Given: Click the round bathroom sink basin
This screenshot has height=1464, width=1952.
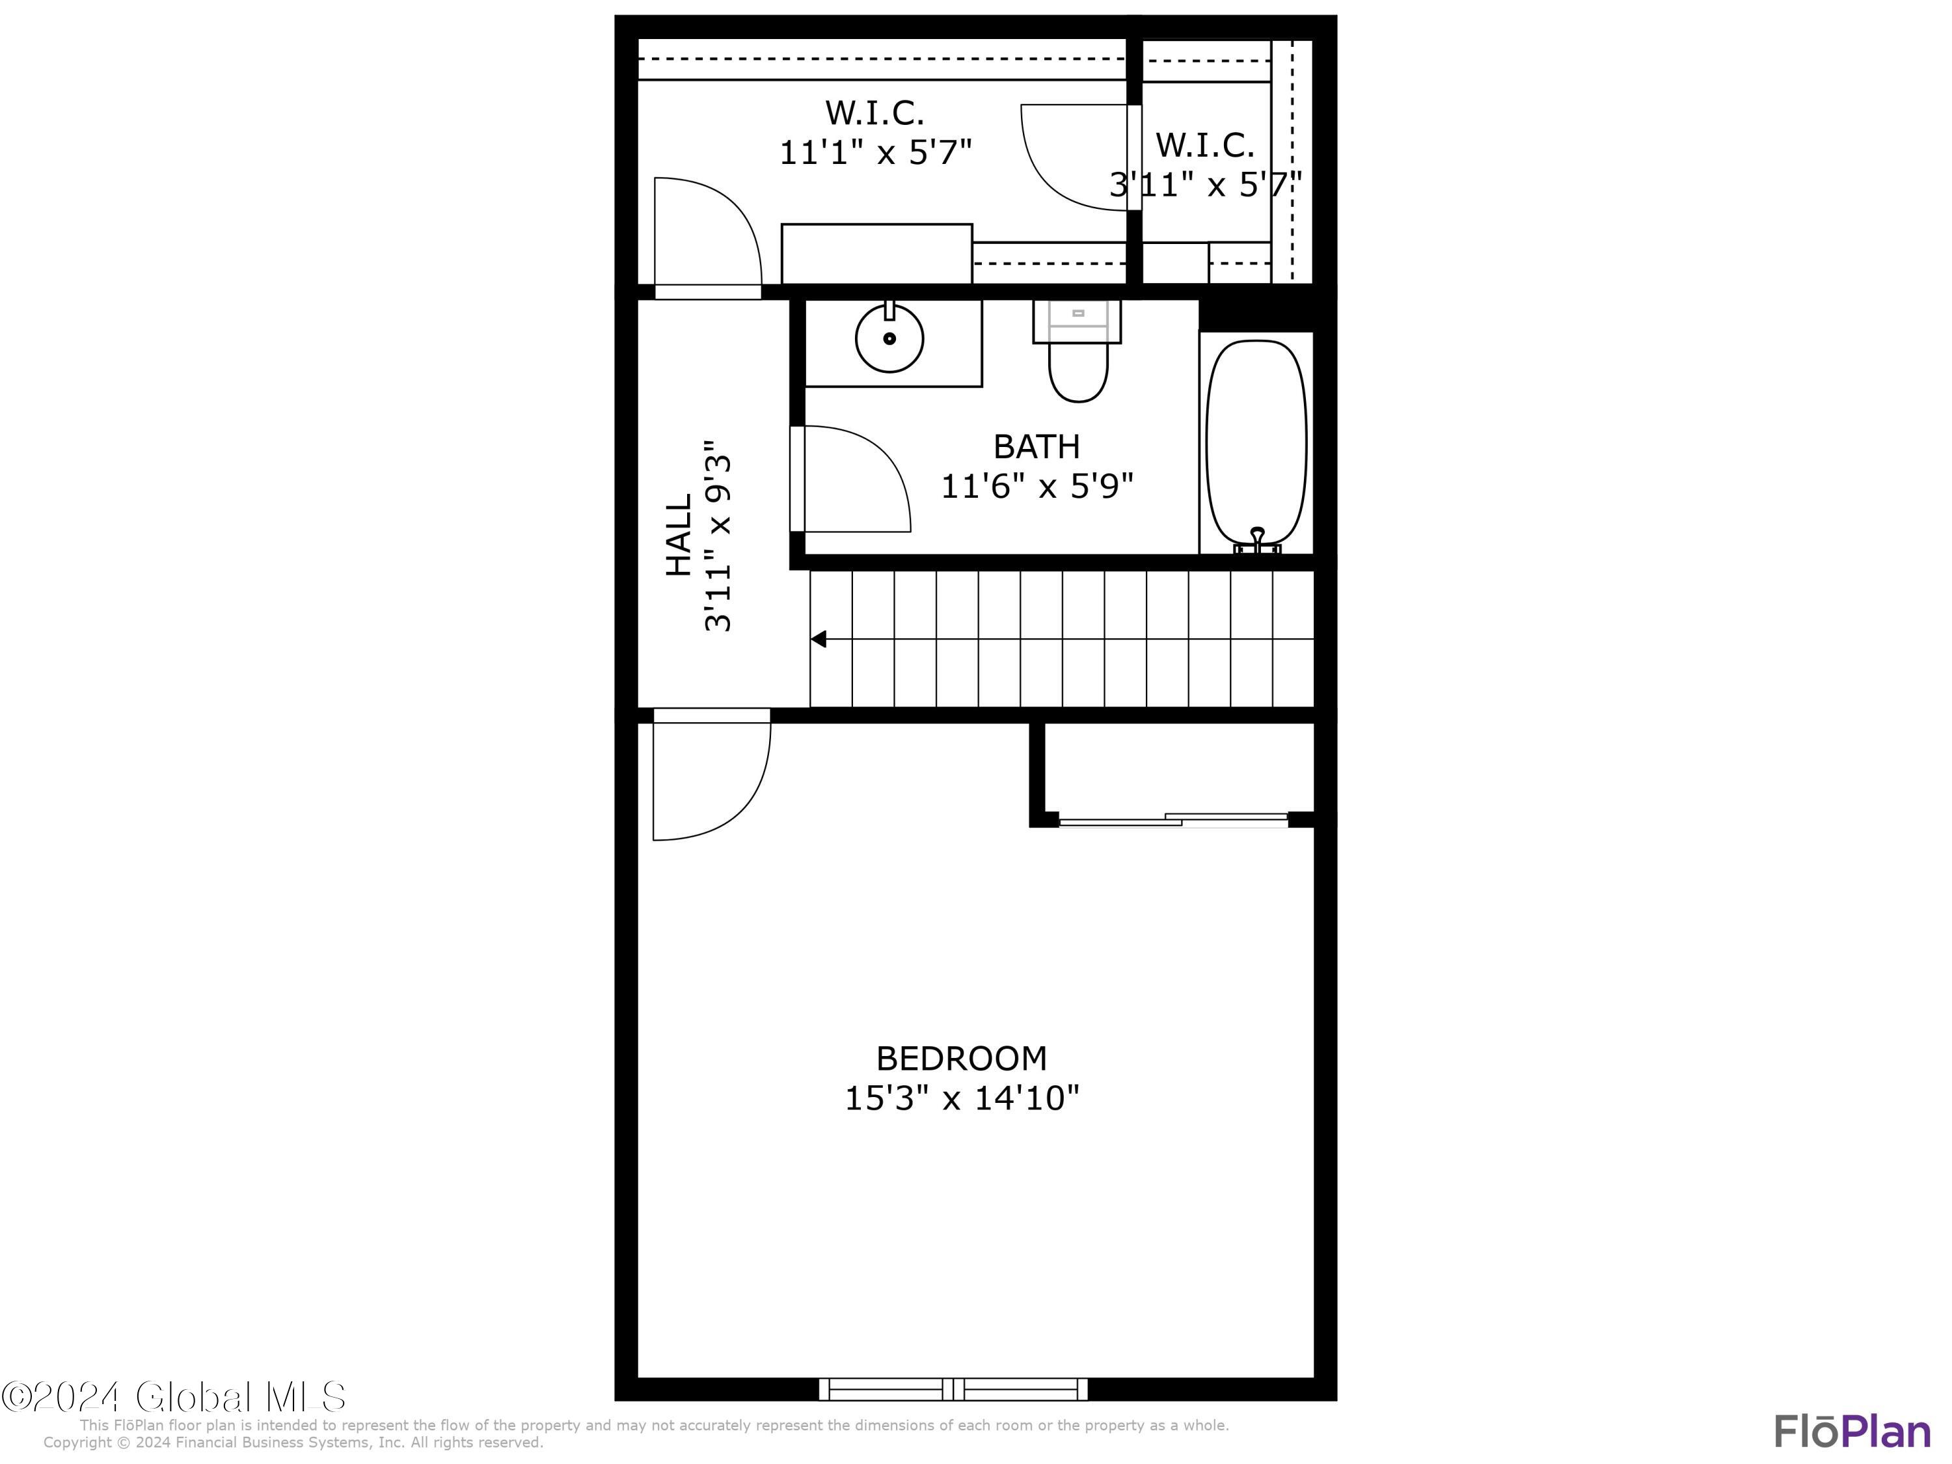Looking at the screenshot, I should tap(889, 339).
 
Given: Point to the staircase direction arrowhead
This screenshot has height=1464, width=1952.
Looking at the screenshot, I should tap(820, 639).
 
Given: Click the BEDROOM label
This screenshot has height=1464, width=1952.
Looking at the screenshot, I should tap(961, 1058).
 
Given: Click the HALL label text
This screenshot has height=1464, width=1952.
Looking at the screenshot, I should tap(678, 535).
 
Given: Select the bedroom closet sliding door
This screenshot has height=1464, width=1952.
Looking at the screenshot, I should tap(1174, 820).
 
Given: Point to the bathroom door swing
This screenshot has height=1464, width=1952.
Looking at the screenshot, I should tap(852, 481).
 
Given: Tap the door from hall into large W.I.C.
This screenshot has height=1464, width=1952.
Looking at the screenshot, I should tap(706, 234).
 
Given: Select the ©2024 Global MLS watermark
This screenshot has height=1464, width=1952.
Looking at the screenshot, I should tap(174, 1397).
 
